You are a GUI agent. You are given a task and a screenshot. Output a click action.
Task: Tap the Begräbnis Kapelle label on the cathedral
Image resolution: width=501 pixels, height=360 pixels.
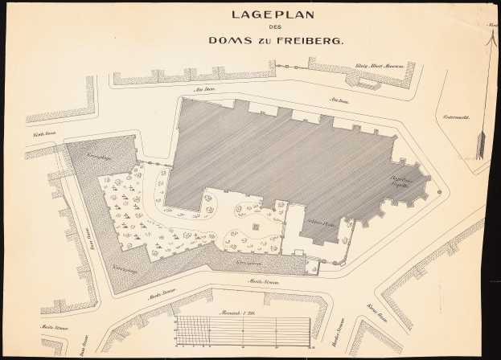(x=402, y=182)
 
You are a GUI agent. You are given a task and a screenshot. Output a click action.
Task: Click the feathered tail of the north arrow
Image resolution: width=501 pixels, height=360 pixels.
(x=482, y=145)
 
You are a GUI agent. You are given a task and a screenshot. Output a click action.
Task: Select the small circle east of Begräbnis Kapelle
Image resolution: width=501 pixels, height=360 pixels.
(x=439, y=192)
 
